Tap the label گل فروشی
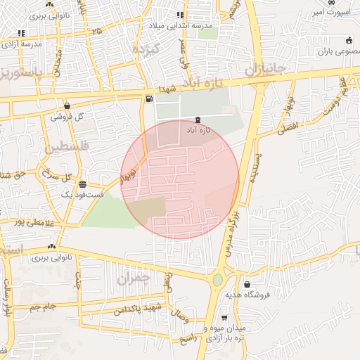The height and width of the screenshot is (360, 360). point(67,116)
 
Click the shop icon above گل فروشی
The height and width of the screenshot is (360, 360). point(67,105)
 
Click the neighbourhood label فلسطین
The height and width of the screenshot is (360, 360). point(63,149)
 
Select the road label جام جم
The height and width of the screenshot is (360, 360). point(44,307)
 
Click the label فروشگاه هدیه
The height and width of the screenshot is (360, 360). point(247,295)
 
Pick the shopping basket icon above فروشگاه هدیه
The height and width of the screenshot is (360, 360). point(247,285)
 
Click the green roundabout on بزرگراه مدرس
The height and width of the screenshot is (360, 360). point(217,280)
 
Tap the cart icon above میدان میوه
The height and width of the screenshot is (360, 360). point(224,318)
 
